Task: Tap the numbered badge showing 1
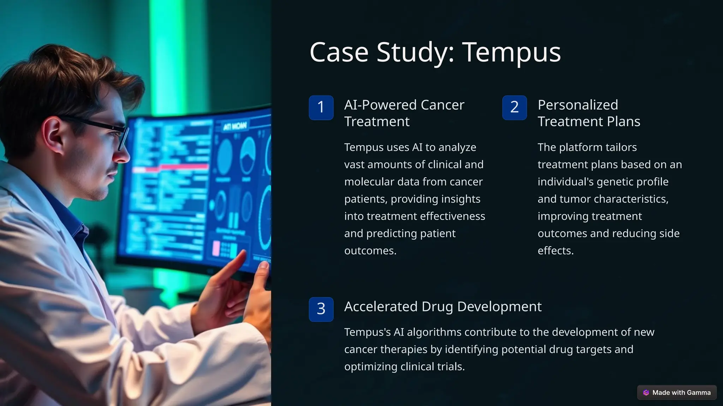321,107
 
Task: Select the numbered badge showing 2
514,107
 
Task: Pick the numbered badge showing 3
321,309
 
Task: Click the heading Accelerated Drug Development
443,307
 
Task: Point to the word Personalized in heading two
578,105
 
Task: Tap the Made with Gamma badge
677,392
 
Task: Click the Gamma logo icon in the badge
646,393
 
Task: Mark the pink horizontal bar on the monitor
177,167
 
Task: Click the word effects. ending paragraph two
555,251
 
